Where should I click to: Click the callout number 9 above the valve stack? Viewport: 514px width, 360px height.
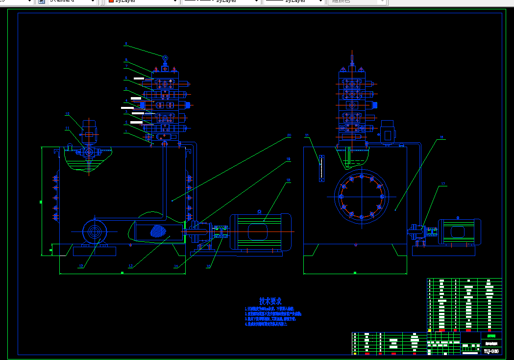click(x=126, y=44)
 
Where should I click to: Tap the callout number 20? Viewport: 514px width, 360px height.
click(x=289, y=135)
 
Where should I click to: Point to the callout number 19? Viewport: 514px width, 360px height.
click(x=289, y=159)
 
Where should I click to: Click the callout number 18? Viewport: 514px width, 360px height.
click(x=288, y=180)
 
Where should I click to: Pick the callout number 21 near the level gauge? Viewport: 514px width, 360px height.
click(x=307, y=135)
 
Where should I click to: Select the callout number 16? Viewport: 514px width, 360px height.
click(x=441, y=137)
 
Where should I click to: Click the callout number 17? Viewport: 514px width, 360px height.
click(x=443, y=184)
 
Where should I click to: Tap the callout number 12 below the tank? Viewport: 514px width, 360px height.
click(x=81, y=266)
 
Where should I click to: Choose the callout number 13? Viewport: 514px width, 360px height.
click(x=130, y=266)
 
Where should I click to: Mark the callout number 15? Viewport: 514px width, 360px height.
click(x=209, y=266)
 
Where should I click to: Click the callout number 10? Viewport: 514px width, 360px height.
click(x=68, y=114)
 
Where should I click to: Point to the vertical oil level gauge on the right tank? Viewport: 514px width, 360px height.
click(x=321, y=168)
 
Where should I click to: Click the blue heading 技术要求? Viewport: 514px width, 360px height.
click(x=270, y=301)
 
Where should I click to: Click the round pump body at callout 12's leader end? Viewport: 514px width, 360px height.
click(x=94, y=231)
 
